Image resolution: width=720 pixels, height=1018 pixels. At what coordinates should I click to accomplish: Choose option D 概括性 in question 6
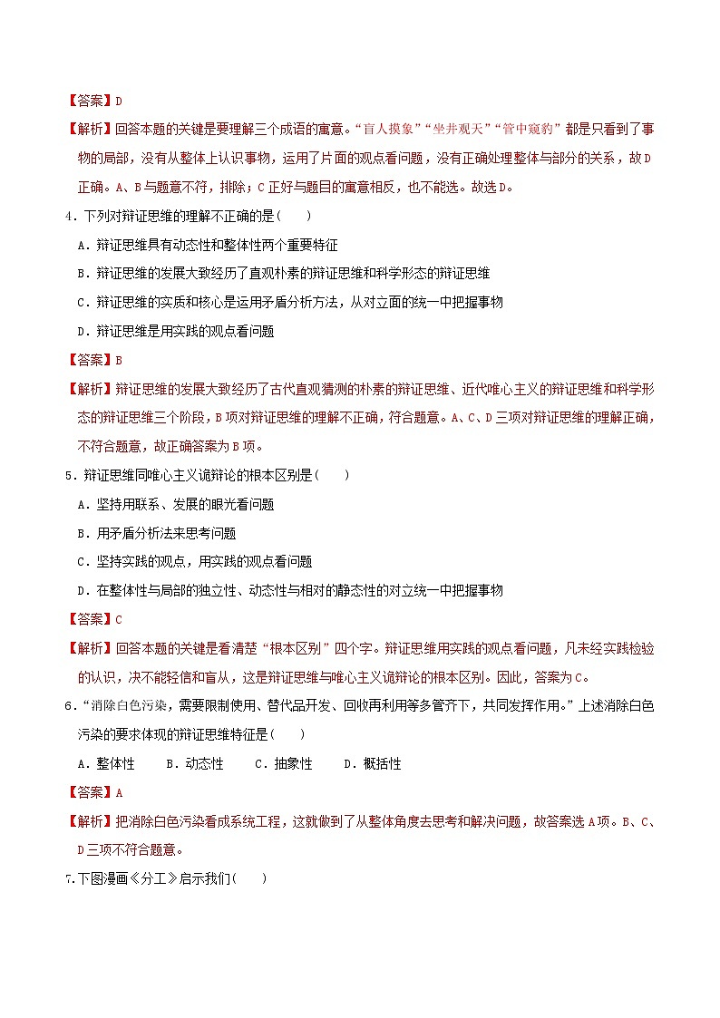click(x=372, y=764)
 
